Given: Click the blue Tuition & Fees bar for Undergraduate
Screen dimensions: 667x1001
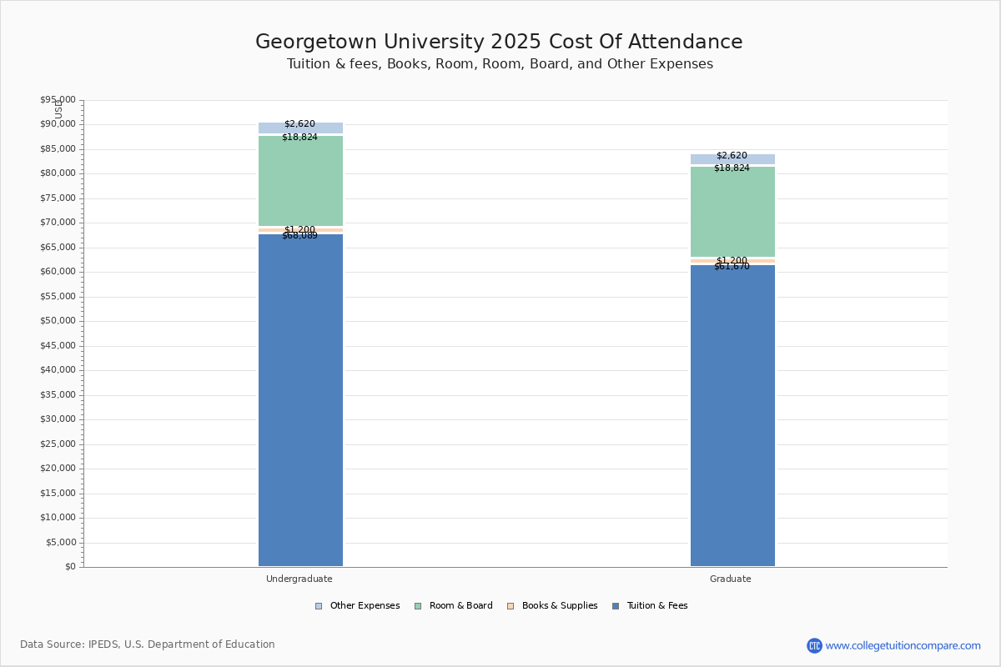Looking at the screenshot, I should tap(300, 400).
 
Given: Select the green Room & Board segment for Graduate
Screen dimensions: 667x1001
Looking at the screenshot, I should tap(732, 212).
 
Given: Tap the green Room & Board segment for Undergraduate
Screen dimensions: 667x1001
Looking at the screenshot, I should tap(300, 181).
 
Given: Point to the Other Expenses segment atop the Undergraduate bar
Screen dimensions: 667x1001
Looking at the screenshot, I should tap(300, 128).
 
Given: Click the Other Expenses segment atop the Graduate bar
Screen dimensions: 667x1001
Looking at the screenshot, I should tap(732, 159).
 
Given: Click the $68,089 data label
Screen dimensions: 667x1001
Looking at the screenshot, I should tap(299, 236).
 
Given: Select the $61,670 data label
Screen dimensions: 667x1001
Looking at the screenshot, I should tap(732, 267).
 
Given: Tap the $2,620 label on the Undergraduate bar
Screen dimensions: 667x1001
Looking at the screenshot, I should tap(299, 124).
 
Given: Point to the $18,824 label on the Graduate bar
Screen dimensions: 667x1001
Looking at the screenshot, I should tap(732, 168).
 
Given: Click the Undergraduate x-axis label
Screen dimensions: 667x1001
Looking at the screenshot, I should tap(299, 579).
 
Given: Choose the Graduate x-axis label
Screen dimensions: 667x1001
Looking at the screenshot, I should tap(731, 579).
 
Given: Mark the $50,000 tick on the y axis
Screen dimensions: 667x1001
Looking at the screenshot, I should tap(58, 321).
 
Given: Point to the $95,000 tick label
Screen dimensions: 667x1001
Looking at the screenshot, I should tap(58, 100).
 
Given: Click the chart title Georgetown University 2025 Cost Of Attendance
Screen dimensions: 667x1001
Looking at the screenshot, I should tap(499, 43).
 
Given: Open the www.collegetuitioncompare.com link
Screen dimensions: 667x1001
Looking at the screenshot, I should tap(903, 645).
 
